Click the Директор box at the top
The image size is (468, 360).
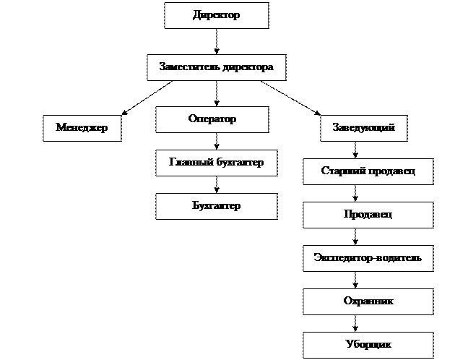[216, 15]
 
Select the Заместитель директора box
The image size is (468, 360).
[216, 67]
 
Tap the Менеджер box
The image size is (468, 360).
[82, 128]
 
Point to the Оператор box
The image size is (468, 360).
[212, 119]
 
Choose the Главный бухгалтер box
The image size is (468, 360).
[216, 163]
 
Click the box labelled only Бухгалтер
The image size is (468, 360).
[216, 206]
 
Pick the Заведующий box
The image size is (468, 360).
[363, 128]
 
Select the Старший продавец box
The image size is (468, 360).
[368, 171]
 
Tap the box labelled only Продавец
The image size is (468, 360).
[368, 215]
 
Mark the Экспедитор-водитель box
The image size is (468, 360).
[368, 257]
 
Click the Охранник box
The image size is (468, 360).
[368, 301]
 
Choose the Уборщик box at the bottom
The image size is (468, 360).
[368, 344]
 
